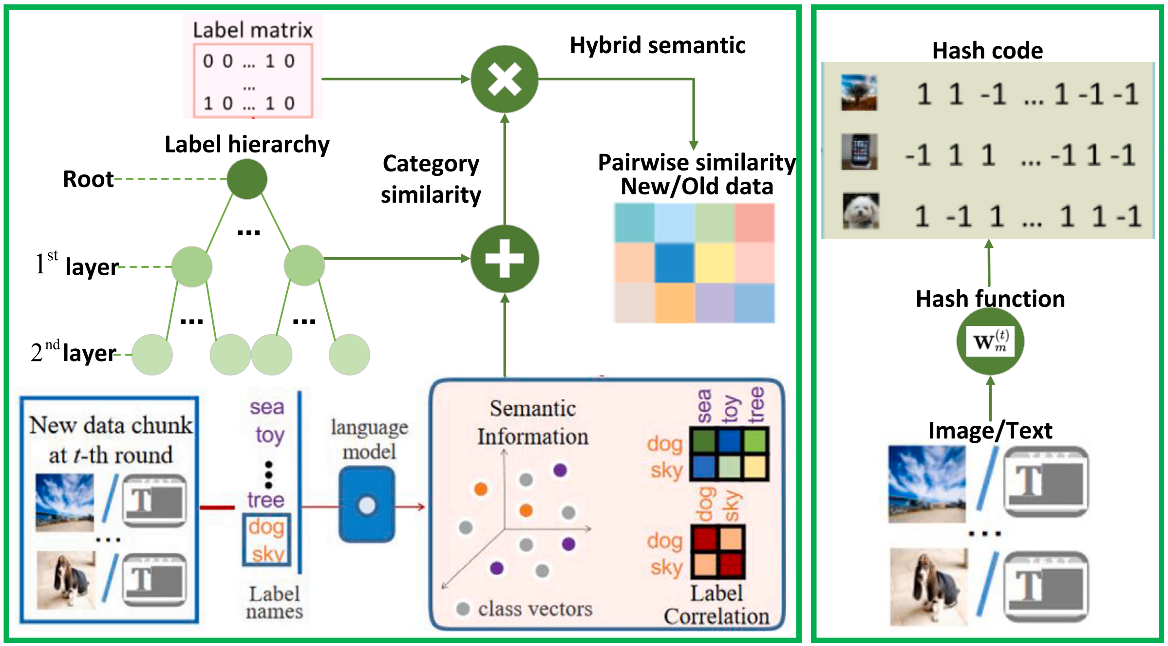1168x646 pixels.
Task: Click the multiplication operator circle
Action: pyautogui.click(x=504, y=79)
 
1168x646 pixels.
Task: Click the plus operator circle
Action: pyautogui.click(x=505, y=259)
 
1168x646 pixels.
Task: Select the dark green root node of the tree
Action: pyautogui.click(x=247, y=179)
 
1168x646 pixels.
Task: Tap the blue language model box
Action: pyautogui.click(x=367, y=505)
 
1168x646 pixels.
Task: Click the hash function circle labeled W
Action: pyautogui.click(x=990, y=341)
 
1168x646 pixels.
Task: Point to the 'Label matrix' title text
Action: pyautogui.click(x=252, y=30)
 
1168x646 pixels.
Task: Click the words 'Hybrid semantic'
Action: pyautogui.click(x=658, y=45)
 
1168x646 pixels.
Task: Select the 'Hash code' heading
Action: pyautogui.click(x=987, y=51)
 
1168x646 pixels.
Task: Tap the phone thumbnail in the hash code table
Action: pyautogui.click(x=859, y=152)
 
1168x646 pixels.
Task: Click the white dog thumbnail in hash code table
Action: pyautogui.click(x=861, y=211)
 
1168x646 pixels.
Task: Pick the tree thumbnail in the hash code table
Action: pyautogui.click(x=859, y=92)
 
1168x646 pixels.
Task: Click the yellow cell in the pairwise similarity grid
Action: pyautogui.click(x=715, y=263)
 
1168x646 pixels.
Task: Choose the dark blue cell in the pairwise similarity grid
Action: pyautogui.click(x=675, y=263)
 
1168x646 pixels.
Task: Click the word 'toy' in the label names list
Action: pyautogui.click(x=270, y=435)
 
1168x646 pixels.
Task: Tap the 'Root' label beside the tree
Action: pyautogui.click(x=88, y=179)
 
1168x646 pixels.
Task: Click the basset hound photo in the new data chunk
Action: pyautogui.click(x=66, y=580)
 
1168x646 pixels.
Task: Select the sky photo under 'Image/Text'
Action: pyautogui.click(x=926, y=484)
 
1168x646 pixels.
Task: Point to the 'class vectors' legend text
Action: pyautogui.click(x=535, y=609)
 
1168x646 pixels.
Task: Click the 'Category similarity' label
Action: pyautogui.click(x=431, y=179)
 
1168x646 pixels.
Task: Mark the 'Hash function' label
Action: pyautogui.click(x=990, y=299)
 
